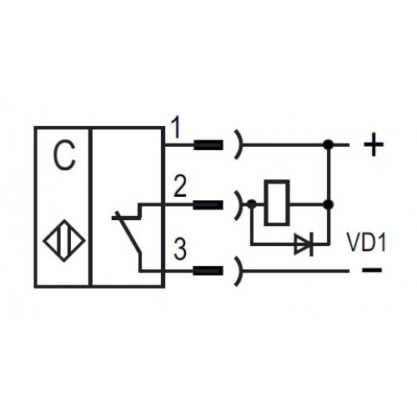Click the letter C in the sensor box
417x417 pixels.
coord(64,155)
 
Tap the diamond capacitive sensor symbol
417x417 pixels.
coord(64,241)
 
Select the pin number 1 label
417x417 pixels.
coord(176,128)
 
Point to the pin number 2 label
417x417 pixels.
coord(179,186)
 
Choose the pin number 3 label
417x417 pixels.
coord(180,249)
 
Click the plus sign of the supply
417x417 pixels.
coord(374,144)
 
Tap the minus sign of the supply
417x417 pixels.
coord(372,269)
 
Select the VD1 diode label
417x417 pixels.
coord(366,243)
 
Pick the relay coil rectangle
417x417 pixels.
coord(277,203)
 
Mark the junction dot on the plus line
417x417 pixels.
coord(329,144)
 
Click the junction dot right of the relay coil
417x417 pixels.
coord(329,204)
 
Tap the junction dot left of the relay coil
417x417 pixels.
coord(252,204)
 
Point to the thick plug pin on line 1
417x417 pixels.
coord(208,145)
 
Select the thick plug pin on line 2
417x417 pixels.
coord(208,205)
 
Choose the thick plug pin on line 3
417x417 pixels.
coord(208,270)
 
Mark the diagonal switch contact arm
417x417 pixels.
coord(128,232)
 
